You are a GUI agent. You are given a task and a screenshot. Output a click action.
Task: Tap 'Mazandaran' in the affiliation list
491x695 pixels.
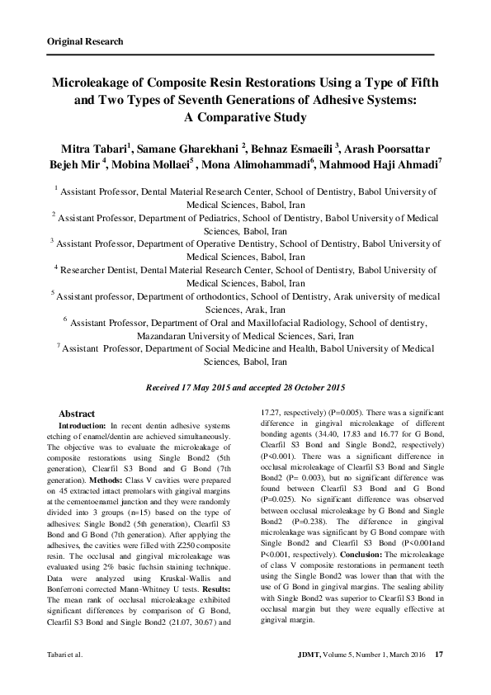coord(162,337)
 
